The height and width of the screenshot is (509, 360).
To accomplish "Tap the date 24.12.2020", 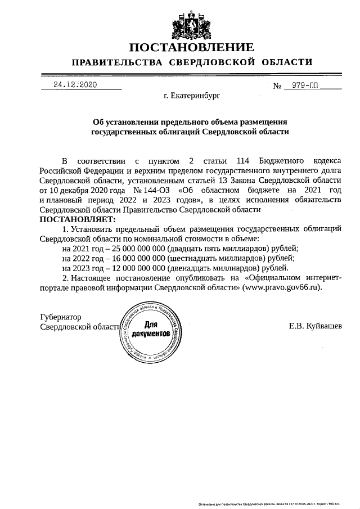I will pyautogui.click(x=75, y=85).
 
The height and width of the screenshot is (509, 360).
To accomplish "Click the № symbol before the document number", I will pyautogui.click(x=277, y=86).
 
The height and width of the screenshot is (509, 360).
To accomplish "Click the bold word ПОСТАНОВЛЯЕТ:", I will pyautogui.click(x=77, y=218).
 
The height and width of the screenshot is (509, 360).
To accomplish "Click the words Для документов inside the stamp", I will pyautogui.click(x=150, y=330).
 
